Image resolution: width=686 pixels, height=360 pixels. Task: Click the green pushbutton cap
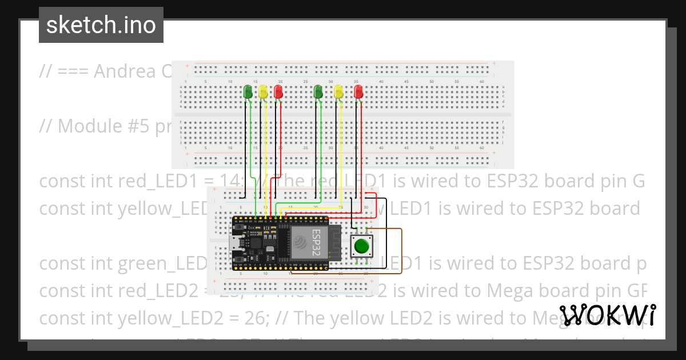361,246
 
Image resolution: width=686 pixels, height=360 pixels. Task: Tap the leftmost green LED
248,91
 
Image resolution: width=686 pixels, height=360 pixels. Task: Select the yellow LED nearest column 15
263,91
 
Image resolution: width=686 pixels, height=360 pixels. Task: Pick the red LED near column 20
278,91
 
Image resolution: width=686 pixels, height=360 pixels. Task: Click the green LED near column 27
318,91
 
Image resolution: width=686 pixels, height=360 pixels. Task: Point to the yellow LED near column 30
338,91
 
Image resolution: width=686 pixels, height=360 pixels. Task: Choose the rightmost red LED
358,91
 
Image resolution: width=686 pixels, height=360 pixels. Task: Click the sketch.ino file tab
101,25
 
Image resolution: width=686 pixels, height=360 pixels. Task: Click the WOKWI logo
608,315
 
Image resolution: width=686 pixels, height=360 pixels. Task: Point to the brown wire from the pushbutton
401,251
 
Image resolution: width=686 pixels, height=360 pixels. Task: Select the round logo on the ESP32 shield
300,245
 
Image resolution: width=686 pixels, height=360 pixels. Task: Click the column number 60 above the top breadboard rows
482,82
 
